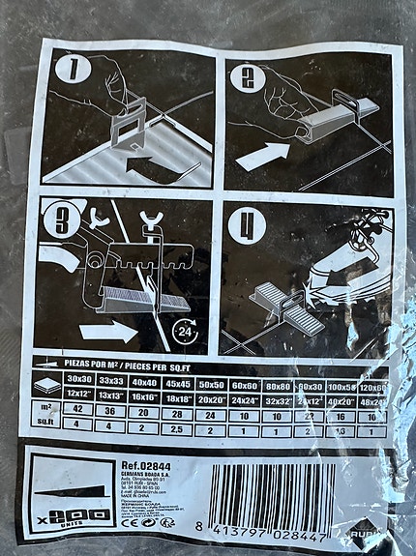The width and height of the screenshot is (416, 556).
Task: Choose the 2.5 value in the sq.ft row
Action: pyautogui.click(x=179, y=424)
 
